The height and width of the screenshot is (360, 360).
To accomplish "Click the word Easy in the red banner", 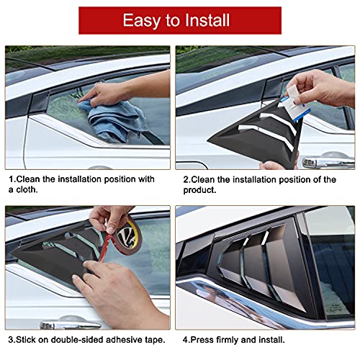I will click(142, 20).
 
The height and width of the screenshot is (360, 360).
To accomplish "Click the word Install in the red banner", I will click(209, 20).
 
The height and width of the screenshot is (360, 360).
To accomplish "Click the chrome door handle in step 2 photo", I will click(326, 163).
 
